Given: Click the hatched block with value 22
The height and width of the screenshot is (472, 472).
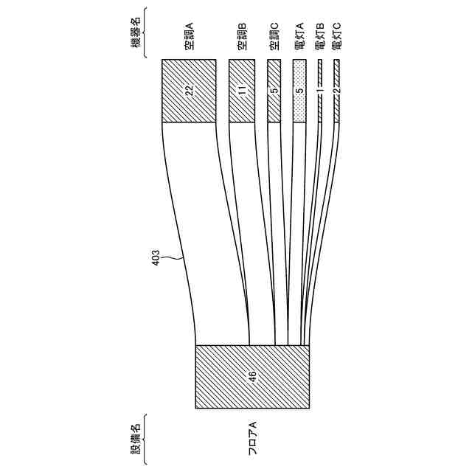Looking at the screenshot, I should pyautogui.click(x=188, y=90).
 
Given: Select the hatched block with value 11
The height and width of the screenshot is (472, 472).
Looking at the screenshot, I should pyautogui.click(x=241, y=90).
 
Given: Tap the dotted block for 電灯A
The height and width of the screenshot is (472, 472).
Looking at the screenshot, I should pyautogui.click(x=299, y=90).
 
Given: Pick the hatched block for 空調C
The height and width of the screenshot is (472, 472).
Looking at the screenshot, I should pyautogui.click(x=274, y=90).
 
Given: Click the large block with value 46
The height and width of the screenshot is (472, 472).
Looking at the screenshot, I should pyautogui.click(x=252, y=376).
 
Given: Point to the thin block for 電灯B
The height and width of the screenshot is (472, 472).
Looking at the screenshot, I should pyautogui.click(x=320, y=90).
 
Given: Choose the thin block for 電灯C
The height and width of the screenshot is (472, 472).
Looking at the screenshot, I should pyautogui.click(x=337, y=90).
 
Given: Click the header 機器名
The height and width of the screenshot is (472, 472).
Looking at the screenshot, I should pyautogui.click(x=136, y=33).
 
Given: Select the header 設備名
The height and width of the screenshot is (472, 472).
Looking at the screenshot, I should pyautogui.click(x=136, y=437).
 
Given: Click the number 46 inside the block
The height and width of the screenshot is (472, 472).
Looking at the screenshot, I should pyautogui.click(x=252, y=376).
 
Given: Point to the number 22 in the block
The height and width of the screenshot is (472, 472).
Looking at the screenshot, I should pyautogui.click(x=189, y=90).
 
